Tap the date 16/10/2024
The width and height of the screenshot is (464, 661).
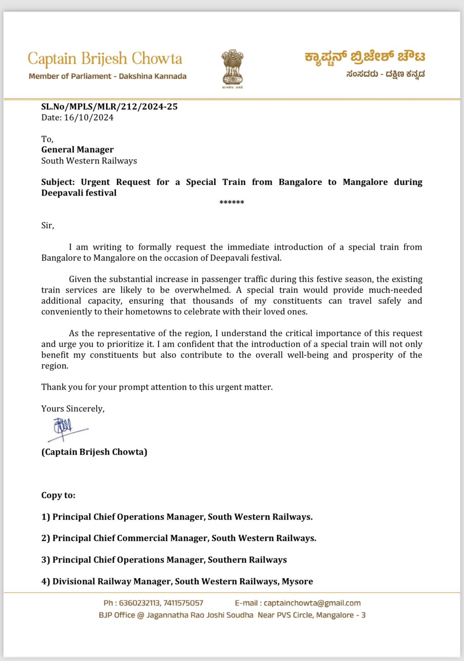88,118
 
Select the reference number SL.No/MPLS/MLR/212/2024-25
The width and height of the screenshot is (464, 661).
109,107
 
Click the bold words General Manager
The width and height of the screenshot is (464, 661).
77,150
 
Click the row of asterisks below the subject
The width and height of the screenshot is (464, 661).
232,202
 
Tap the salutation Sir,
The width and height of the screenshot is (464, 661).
48,226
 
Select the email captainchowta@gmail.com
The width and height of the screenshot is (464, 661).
312,603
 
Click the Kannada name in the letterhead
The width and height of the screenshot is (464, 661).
365,57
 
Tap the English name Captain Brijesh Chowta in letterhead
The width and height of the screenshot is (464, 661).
105,59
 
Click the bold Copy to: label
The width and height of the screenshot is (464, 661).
58,495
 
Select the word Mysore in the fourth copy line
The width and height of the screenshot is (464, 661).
297,582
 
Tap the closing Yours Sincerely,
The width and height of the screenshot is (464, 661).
73,409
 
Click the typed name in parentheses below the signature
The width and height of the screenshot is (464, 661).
94,452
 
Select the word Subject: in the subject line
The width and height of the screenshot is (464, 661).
58,182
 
